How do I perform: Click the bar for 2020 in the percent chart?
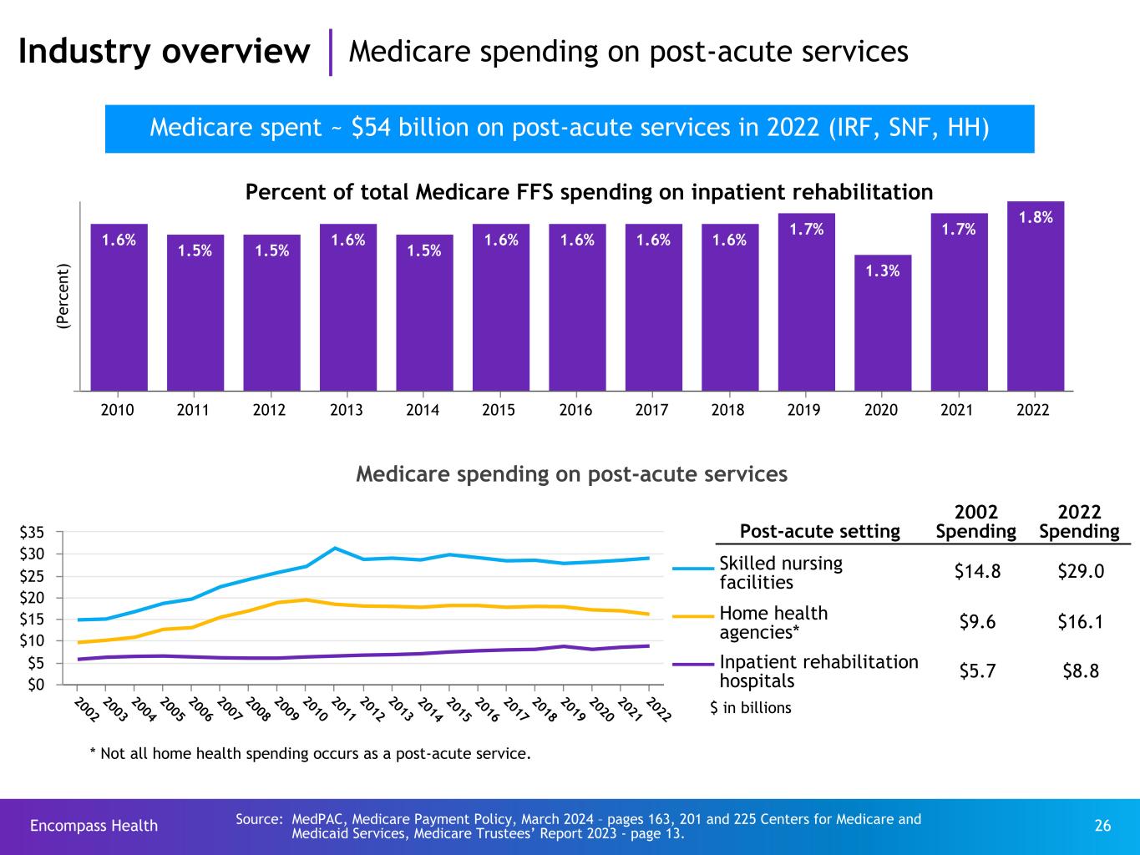[x=882, y=322]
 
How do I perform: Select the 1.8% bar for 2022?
[x=1036, y=296]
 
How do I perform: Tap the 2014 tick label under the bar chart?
[x=423, y=411]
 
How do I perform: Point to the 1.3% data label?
[x=882, y=271]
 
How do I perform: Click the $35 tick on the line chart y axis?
[x=43, y=532]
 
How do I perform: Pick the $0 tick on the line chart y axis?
[x=47, y=685]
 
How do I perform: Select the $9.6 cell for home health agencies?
[x=975, y=622]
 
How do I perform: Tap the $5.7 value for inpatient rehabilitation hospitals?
[x=975, y=670]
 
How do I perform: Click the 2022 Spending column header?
[x=1079, y=522]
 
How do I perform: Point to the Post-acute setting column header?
[x=819, y=531]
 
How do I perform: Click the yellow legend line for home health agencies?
[x=693, y=616]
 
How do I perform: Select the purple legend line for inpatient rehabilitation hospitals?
[x=693, y=665]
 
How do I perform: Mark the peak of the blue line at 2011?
[x=335, y=548]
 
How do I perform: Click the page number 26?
[x=1102, y=826]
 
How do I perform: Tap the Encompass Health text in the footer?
[x=94, y=826]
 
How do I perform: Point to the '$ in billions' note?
[x=750, y=708]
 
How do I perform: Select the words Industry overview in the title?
[x=164, y=52]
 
